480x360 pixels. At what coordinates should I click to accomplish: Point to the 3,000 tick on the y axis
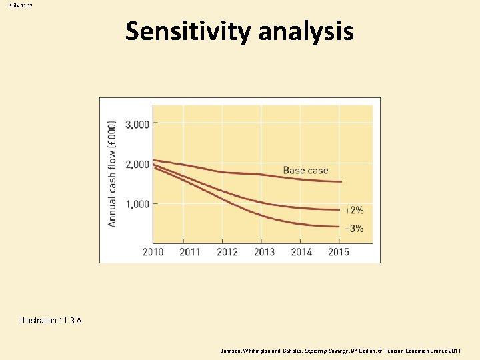[x=136, y=123]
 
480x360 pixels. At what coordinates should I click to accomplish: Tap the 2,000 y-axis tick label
[x=136, y=164]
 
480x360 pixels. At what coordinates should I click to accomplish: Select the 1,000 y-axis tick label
[x=136, y=204]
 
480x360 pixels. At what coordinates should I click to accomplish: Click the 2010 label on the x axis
[x=153, y=252]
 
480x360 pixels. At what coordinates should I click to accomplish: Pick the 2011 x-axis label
[x=190, y=252]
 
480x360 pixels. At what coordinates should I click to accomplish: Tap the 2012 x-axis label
[x=227, y=252]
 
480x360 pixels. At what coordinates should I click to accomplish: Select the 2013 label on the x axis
[x=264, y=252]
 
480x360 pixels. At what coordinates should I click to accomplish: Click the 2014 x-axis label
[x=301, y=252]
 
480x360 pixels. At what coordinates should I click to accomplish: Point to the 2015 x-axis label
[x=338, y=252]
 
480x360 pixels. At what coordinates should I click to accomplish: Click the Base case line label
[x=305, y=171]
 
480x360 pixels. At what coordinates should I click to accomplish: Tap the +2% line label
[x=353, y=210]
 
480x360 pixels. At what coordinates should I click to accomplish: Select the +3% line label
[x=353, y=228]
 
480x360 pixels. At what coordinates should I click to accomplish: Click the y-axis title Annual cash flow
[x=112, y=173]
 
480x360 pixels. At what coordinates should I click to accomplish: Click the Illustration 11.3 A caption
[x=51, y=321]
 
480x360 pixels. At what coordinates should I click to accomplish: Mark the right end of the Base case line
[x=341, y=181]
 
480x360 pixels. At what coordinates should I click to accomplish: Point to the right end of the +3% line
[x=341, y=227]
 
